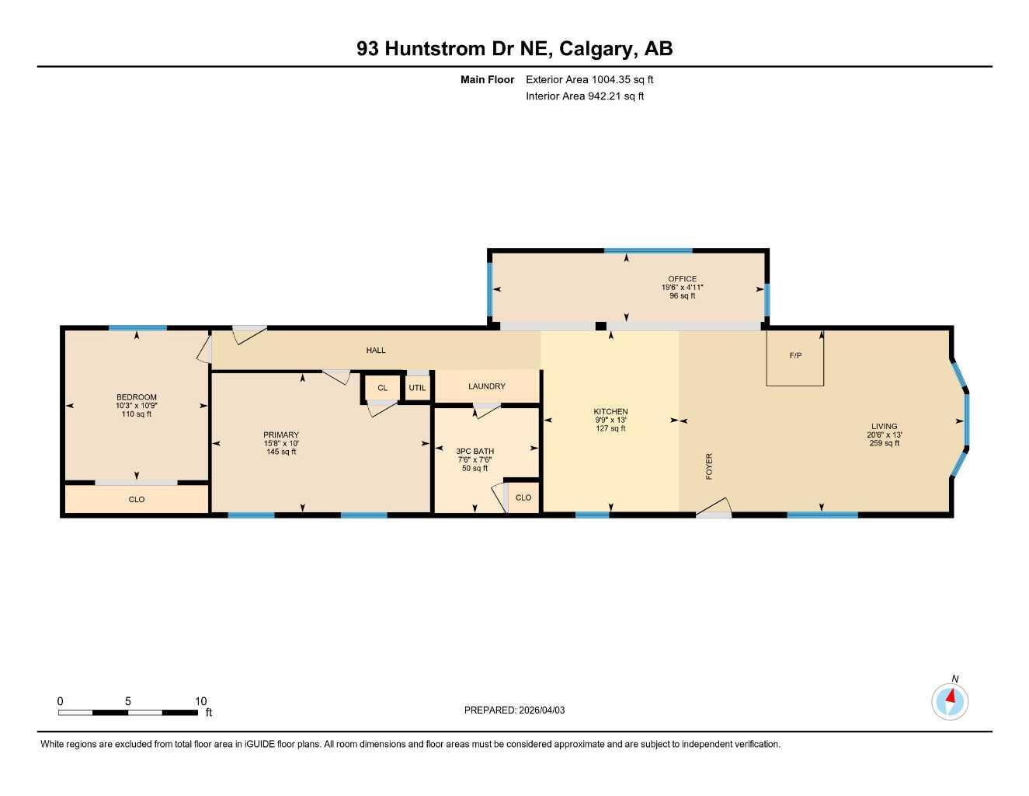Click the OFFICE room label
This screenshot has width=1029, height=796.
[x=682, y=279]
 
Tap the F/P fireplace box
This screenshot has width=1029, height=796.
[x=794, y=357]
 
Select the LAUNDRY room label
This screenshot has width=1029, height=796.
[x=487, y=386]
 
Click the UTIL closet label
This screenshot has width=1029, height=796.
[x=417, y=388]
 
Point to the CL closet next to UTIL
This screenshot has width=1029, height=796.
[x=382, y=388]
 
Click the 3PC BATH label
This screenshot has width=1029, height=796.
[x=475, y=452]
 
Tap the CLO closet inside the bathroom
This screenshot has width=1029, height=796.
[x=523, y=497]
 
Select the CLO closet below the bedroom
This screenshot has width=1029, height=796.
[x=137, y=499]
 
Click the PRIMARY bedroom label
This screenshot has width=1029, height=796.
[x=281, y=435]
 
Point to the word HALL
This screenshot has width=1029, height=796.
[x=376, y=351]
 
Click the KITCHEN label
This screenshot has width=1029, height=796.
[x=610, y=412]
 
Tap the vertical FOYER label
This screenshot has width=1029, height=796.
[x=709, y=466]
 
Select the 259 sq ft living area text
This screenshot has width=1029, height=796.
[x=884, y=443]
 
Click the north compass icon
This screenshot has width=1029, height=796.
[x=950, y=701]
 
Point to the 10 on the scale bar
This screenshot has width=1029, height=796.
[x=200, y=701]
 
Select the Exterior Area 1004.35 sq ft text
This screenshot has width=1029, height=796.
[x=589, y=79]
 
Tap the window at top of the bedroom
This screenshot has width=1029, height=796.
[x=137, y=328]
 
